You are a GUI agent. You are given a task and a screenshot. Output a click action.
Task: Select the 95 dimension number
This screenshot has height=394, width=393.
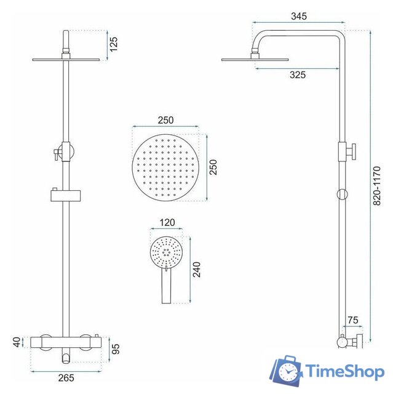point(115,349)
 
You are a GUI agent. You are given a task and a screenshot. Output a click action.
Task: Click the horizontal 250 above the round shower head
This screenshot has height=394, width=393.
point(165,120)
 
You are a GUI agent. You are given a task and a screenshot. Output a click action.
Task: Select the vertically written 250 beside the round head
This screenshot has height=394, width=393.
point(213,166)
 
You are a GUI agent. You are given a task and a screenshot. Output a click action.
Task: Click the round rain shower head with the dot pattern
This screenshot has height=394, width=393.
point(165,166)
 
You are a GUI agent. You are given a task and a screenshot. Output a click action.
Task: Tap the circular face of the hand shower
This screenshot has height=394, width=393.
point(165,251)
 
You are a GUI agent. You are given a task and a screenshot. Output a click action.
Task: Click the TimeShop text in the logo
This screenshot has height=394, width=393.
point(345,372)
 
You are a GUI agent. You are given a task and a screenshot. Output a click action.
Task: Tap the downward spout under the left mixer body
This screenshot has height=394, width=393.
point(65,355)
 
